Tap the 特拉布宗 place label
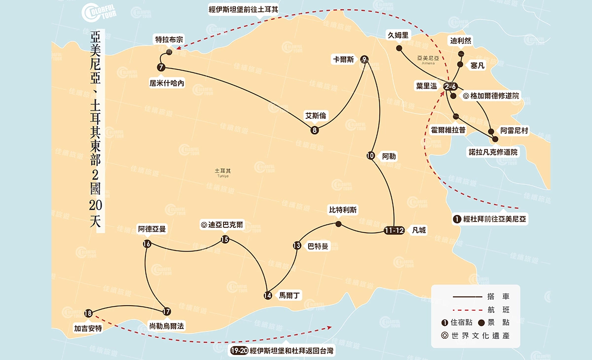(169, 39)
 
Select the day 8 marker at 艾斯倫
(315, 131)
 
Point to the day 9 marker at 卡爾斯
(364, 59)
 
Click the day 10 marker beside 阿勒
(370, 156)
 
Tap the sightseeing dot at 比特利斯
(338, 224)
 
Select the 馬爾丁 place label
(290, 295)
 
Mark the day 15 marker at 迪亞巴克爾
(225, 240)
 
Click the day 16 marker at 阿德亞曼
(147, 244)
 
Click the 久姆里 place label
(399, 35)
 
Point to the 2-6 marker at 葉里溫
(450, 86)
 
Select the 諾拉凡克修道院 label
(493, 152)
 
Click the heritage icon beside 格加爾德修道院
(466, 96)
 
